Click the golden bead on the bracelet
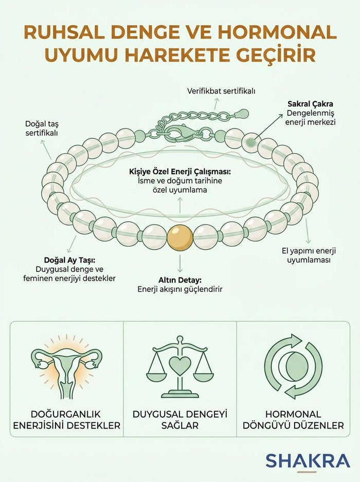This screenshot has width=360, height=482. tap(179, 238)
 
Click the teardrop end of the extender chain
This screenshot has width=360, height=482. tap(242, 114)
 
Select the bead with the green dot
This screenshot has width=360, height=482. tap(251, 142)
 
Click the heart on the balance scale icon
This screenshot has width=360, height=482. tap(180, 365)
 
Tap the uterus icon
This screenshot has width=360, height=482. tap(66, 368)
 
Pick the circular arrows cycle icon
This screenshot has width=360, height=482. tap(293, 366)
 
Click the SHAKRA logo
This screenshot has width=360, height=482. tap(308, 461)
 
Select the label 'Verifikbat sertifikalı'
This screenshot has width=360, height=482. tap(221, 91)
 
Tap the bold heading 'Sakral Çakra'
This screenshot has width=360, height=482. tap(310, 104)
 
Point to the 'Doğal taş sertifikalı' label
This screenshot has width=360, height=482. tap(42, 128)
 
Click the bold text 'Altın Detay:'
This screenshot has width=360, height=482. tap(180, 280)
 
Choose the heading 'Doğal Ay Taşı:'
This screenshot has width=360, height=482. tap(69, 260)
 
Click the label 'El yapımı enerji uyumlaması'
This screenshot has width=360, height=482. tap(309, 255)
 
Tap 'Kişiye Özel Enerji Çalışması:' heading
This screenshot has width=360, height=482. tap(180, 171)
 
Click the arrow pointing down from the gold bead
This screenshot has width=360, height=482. tap(180, 264)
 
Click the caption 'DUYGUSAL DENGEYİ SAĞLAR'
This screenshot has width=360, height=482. tap(180, 420)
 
